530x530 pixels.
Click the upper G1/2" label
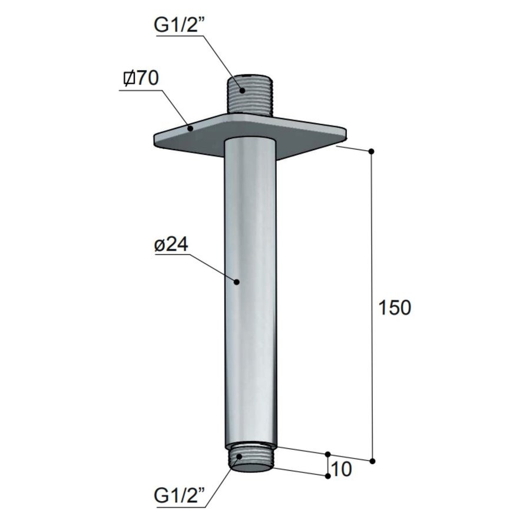tap(180, 25)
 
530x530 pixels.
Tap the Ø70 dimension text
tap(141, 78)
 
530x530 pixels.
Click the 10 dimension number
tap(342, 469)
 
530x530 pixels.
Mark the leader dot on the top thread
tap(241, 90)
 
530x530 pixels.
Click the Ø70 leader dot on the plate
tap(190, 125)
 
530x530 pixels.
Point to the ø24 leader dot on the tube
tap(237, 282)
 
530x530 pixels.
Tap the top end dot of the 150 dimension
tap(371, 152)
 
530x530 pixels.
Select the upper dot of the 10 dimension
tap(328, 454)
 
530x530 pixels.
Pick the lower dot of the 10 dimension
tap(328, 476)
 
